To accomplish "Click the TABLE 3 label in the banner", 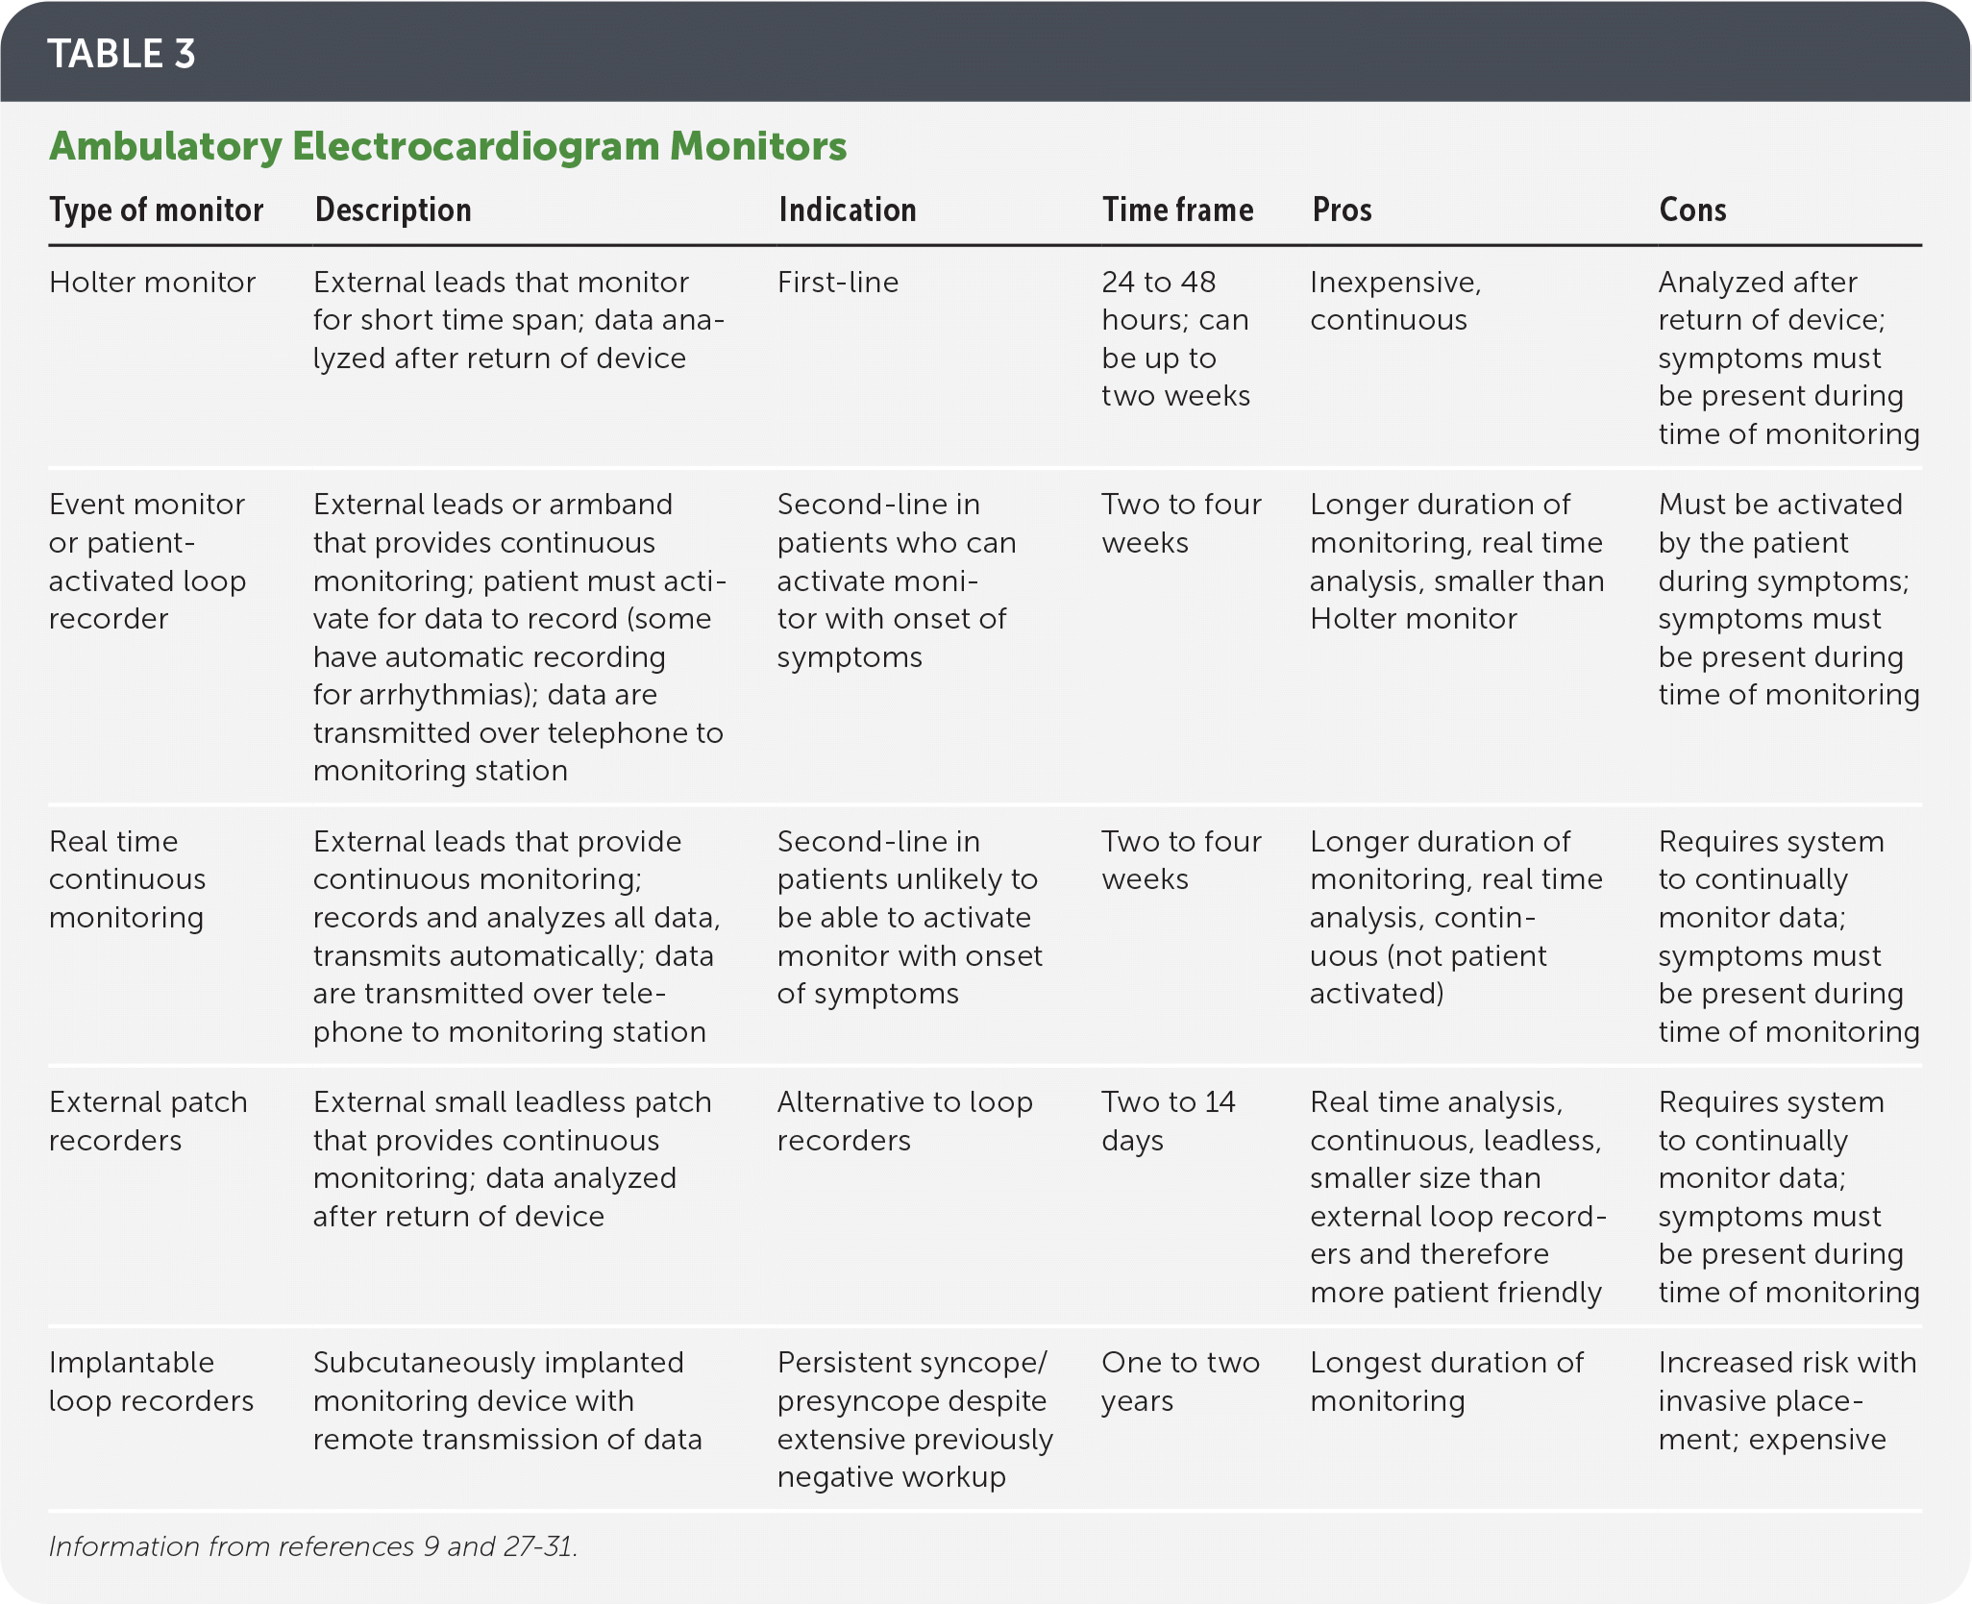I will point(121,54).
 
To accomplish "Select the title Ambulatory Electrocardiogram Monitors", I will point(448,146).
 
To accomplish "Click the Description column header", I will point(393,210).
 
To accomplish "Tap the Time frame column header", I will point(1177,210).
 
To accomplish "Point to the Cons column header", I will point(1692,210).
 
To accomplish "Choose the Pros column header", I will point(1342,210).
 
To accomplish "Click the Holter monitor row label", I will point(152,283).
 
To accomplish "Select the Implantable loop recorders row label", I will point(151,1381).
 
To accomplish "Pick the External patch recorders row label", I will point(148,1121).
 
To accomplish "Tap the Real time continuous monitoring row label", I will point(127,879).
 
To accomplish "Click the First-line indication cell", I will point(838,283).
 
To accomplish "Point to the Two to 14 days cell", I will point(1168,1121).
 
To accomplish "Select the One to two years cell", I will point(1180,1381).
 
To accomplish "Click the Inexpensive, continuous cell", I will point(1394,301).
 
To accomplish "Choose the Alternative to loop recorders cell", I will point(904,1121).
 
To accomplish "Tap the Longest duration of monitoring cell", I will point(1445,1381).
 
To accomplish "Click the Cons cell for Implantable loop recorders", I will point(1786,1400).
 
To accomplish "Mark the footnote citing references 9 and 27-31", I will point(312,1546).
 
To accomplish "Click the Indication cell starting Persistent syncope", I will point(914,1419).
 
